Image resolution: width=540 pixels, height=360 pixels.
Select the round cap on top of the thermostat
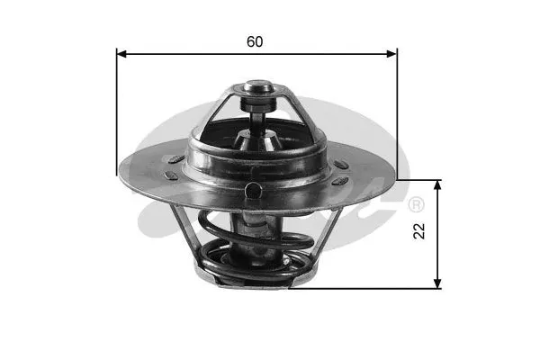(x=258, y=89)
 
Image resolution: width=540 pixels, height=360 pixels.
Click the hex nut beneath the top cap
(x=258, y=105)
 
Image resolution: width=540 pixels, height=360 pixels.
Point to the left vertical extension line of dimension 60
(x=117, y=108)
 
